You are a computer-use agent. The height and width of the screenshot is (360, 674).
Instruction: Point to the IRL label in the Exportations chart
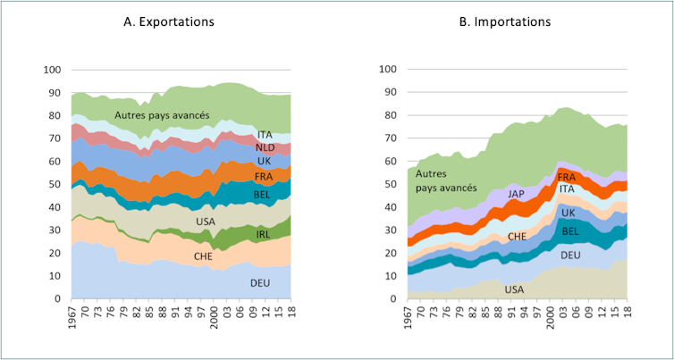click(x=264, y=234)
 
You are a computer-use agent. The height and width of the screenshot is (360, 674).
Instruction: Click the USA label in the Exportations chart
click(x=205, y=222)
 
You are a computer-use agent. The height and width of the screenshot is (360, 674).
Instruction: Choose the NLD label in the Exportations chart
click(x=265, y=147)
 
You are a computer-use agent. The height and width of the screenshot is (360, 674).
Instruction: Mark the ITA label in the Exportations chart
click(x=264, y=134)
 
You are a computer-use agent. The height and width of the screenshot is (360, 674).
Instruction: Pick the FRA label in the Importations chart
click(x=567, y=178)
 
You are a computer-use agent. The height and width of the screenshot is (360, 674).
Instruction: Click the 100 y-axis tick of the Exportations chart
click(x=53, y=70)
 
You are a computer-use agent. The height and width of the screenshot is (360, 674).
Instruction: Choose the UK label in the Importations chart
click(x=569, y=213)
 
